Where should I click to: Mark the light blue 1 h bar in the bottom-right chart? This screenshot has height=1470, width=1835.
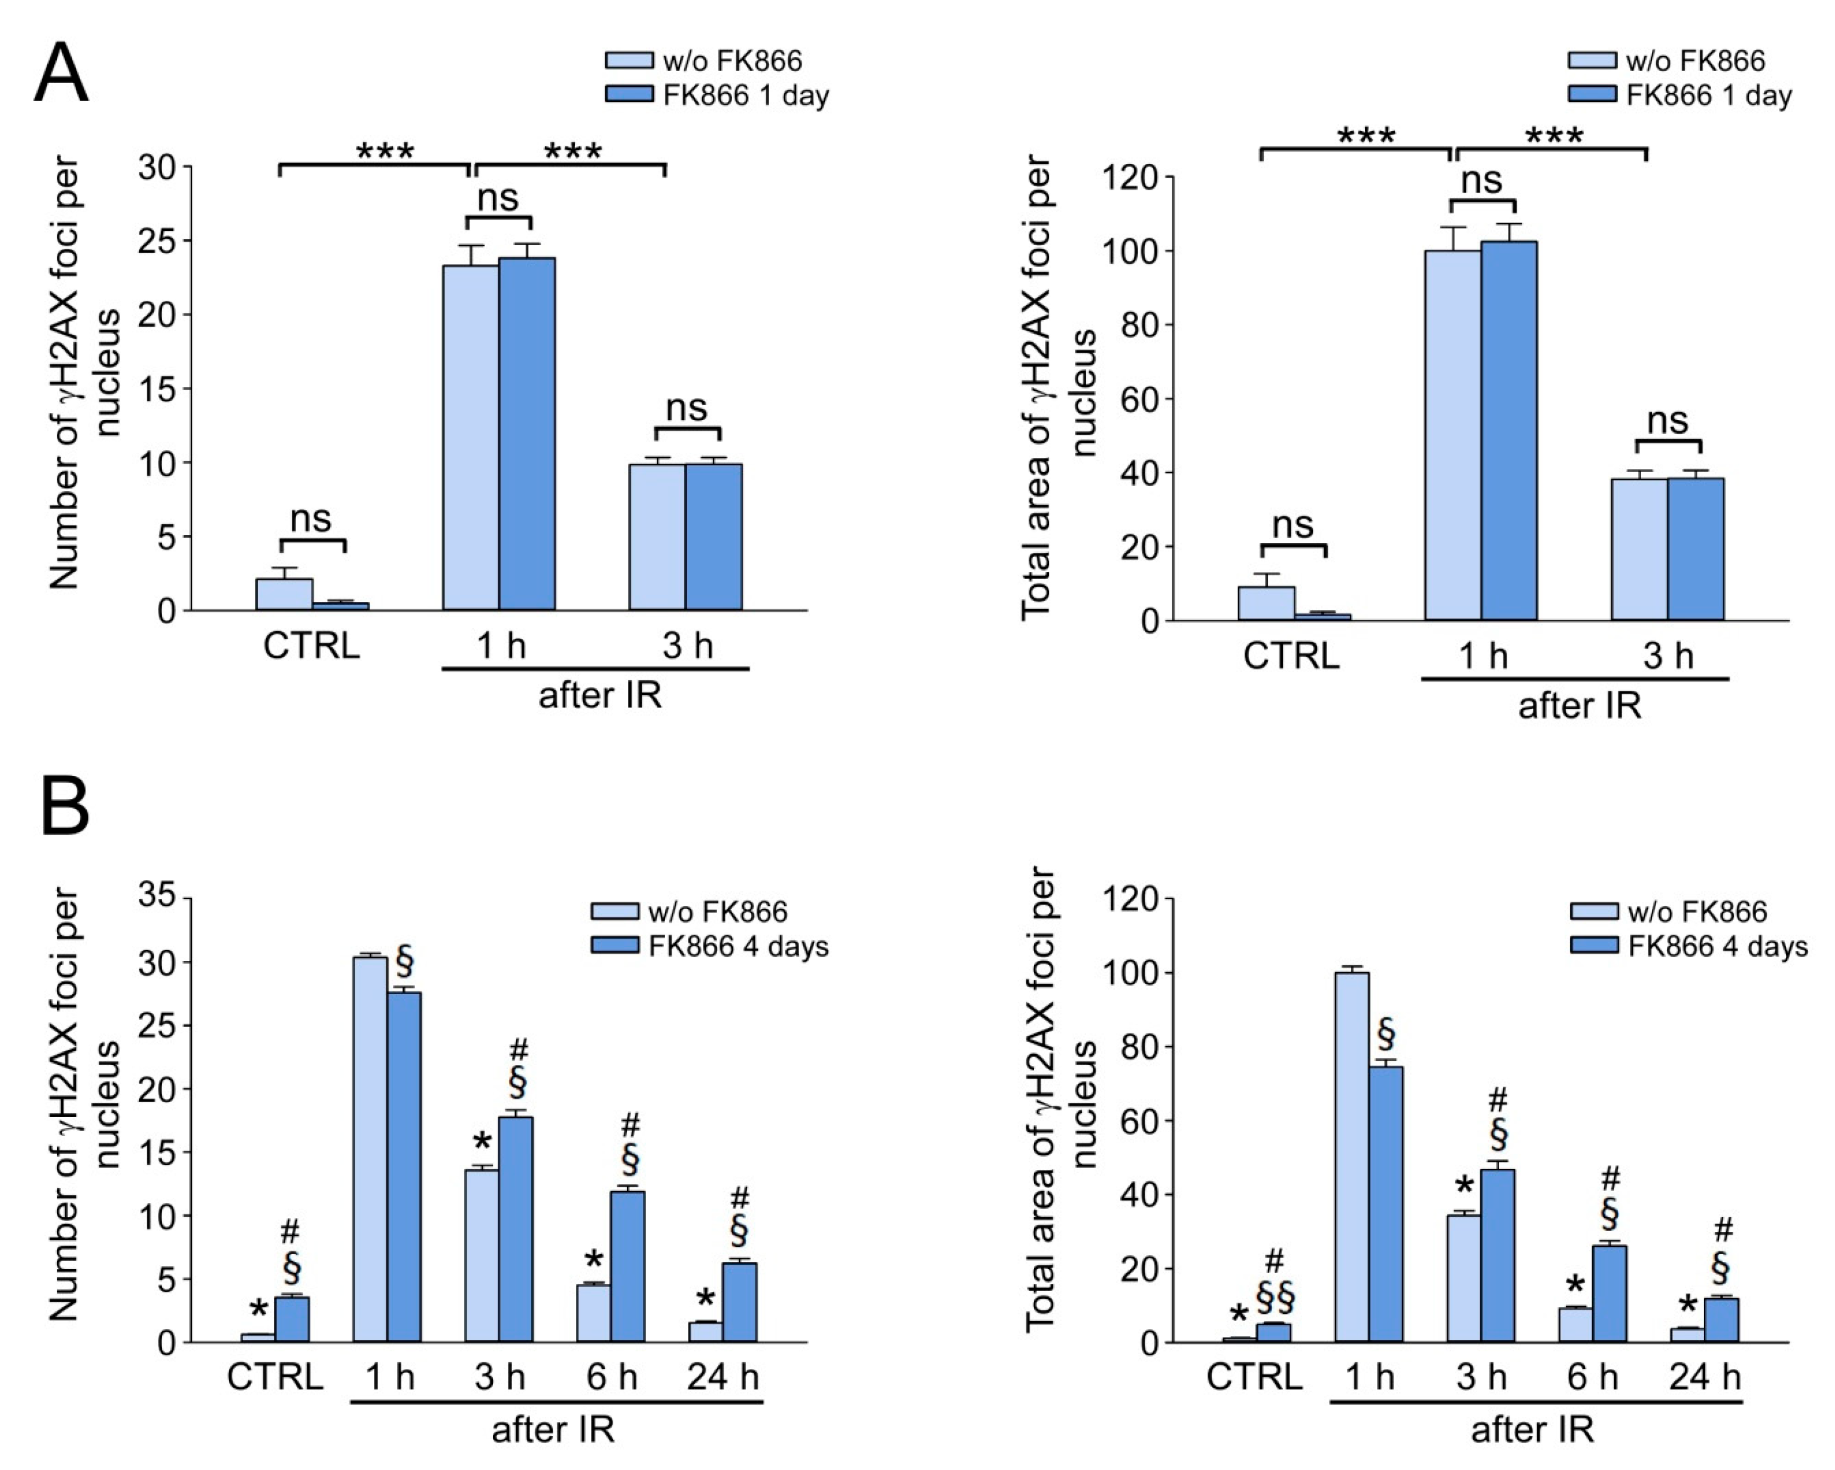pos(1352,1158)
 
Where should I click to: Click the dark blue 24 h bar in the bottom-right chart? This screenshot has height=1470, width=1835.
pos(1721,1320)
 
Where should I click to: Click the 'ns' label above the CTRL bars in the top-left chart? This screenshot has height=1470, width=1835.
pos(310,518)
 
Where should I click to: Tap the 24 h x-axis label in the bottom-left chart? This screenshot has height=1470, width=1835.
pos(723,1377)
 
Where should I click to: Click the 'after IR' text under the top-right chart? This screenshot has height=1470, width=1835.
pos(1580,705)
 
